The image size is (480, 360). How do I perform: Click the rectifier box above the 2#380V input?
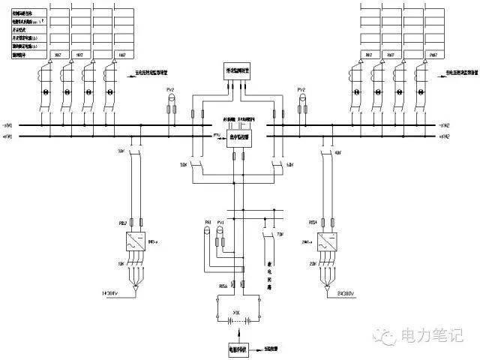pos(328,243)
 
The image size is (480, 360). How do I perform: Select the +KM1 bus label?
pos(8,125)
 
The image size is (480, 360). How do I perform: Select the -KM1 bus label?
pos(8,137)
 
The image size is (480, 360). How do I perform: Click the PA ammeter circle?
pos(208,233)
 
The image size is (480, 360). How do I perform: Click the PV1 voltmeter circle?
pos(220,233)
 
